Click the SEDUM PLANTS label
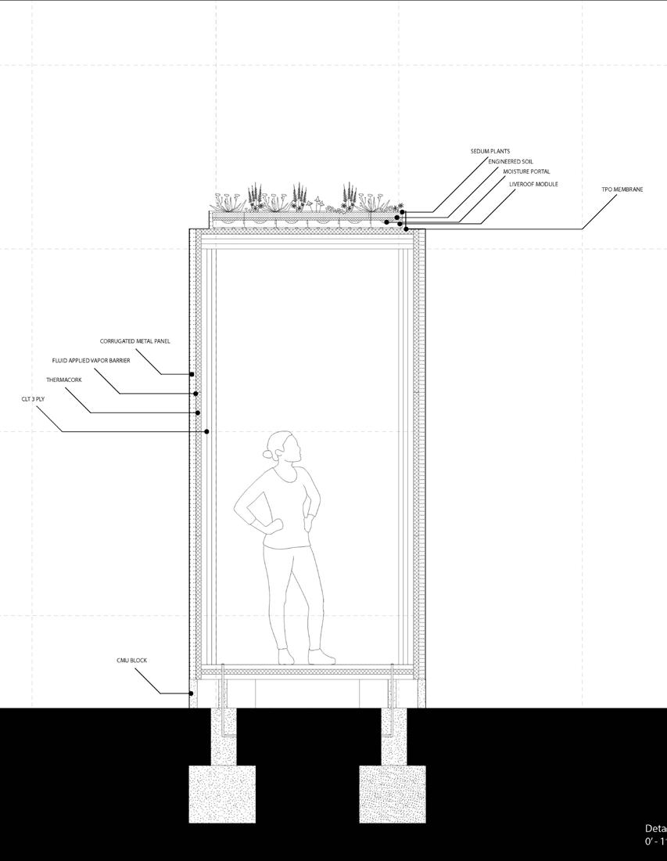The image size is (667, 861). coord(490,151)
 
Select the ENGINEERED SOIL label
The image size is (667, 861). coord(511,161)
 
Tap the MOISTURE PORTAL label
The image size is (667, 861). coord(526,171)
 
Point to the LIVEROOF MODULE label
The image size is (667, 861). coord(533,185)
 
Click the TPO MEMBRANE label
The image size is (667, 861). coord(622,189)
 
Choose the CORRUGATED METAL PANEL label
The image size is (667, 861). coord(134,341)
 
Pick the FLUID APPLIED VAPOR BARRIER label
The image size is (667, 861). coord(91,361)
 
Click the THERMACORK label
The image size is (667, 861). coord(63,380)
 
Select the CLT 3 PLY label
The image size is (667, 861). coord(33,399)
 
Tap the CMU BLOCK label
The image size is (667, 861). coord(131,661)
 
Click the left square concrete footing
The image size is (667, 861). coord(222,794)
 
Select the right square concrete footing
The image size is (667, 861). coord(393,794)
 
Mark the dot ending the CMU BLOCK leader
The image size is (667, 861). coord(191,693)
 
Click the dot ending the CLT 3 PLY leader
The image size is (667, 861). coord(206,431)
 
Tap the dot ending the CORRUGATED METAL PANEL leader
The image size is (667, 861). coord(192,374)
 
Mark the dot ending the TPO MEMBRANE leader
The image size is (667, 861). coord(406,229)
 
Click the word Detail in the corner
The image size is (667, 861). coord(655,829)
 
